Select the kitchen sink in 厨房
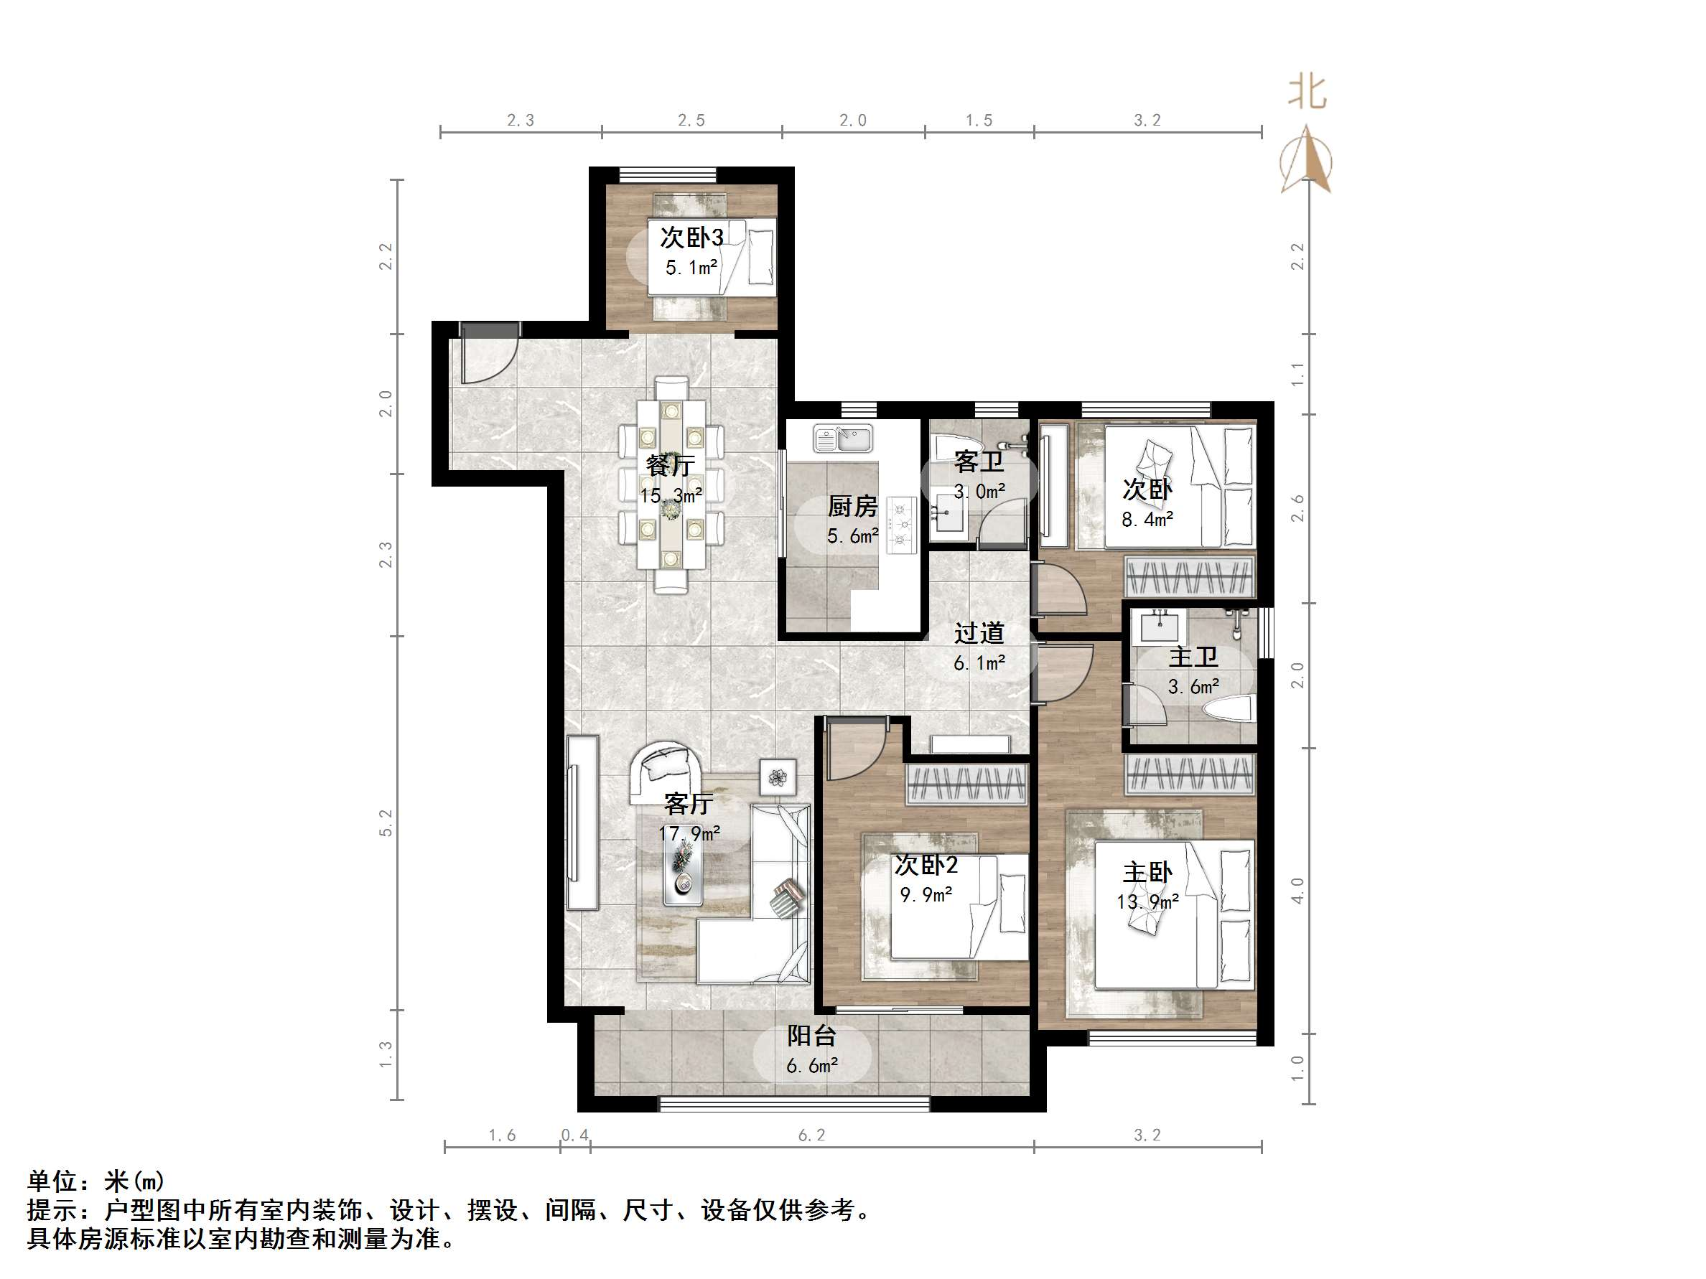click(x=842, y=439)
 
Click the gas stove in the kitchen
click(x=901, y=525)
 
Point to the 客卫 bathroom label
click(x=978, y=462)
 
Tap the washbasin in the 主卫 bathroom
click(x=1159, y=626)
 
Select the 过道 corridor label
click(x=979, y=633)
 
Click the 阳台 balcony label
click(x=811, y=1036)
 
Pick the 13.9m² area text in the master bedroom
click(x=1147, y=902)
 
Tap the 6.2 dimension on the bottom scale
click(x=811, y=1135)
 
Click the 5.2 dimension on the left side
click(x=386, y=823)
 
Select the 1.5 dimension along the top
click(x=979, y=121)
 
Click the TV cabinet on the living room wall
click(x=582, y=823)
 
